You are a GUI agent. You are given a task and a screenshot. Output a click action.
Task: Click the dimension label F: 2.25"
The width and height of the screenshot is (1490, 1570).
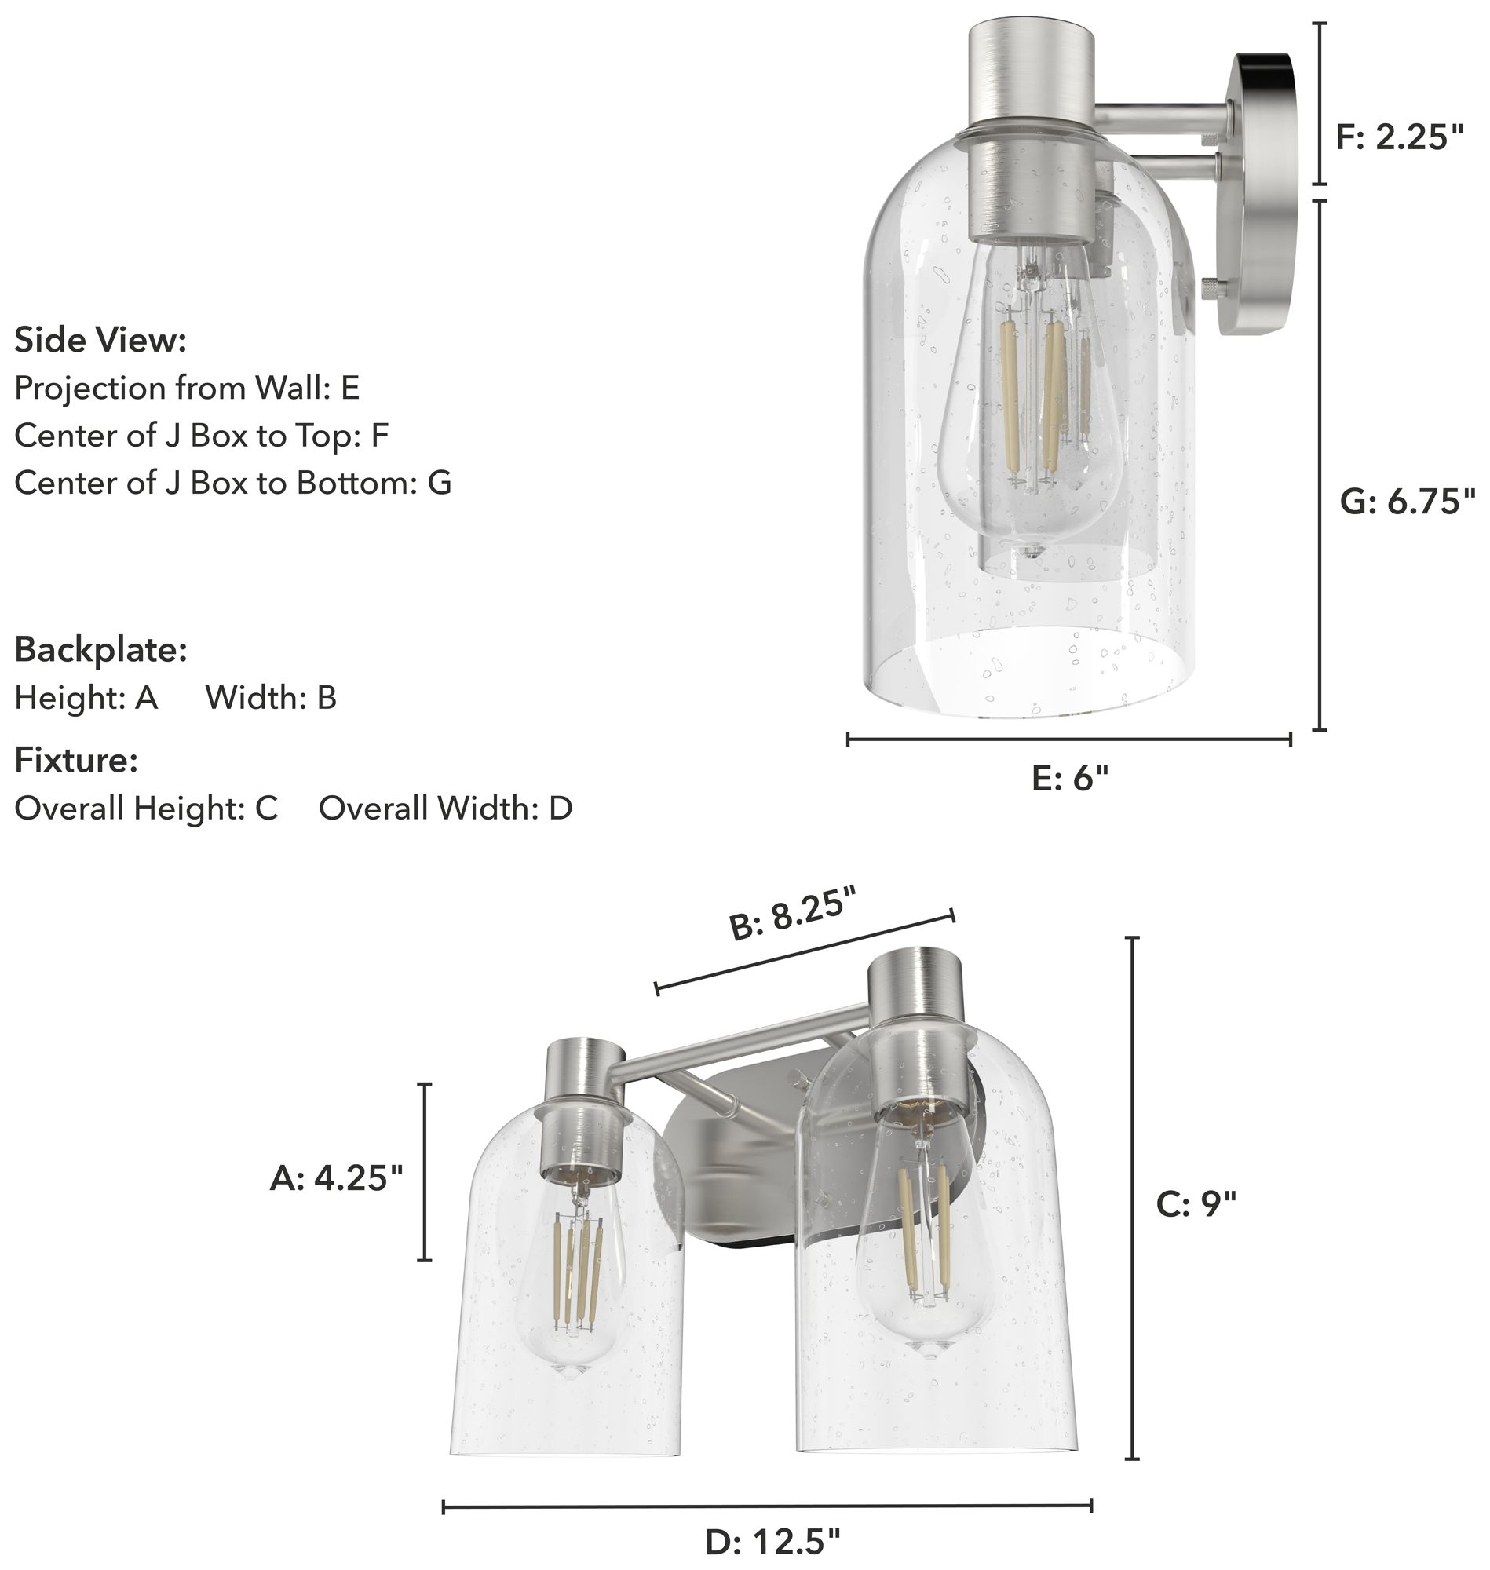1399,138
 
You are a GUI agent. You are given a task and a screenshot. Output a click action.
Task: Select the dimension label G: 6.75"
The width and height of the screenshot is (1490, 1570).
1408,502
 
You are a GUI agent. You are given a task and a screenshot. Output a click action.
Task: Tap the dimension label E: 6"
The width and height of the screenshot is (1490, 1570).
1069,778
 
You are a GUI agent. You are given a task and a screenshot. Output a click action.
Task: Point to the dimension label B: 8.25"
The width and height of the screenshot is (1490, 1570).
794,915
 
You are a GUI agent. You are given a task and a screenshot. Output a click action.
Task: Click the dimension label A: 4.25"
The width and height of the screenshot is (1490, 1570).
337,1177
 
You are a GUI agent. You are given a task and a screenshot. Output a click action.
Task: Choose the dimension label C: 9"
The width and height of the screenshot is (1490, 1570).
1196,1205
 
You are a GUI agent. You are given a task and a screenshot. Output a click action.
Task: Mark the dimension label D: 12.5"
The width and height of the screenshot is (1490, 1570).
772,1543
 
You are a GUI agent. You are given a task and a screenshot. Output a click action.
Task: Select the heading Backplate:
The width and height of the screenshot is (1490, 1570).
100,650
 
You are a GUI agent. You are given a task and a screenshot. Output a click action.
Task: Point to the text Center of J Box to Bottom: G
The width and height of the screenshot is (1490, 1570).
232,483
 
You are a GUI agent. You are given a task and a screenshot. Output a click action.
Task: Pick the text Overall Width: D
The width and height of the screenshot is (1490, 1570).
445,809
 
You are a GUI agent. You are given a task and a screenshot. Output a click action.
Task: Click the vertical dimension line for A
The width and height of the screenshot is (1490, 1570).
425,1171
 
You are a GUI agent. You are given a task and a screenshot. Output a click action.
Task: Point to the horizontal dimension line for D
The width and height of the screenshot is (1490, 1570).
766,1506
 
